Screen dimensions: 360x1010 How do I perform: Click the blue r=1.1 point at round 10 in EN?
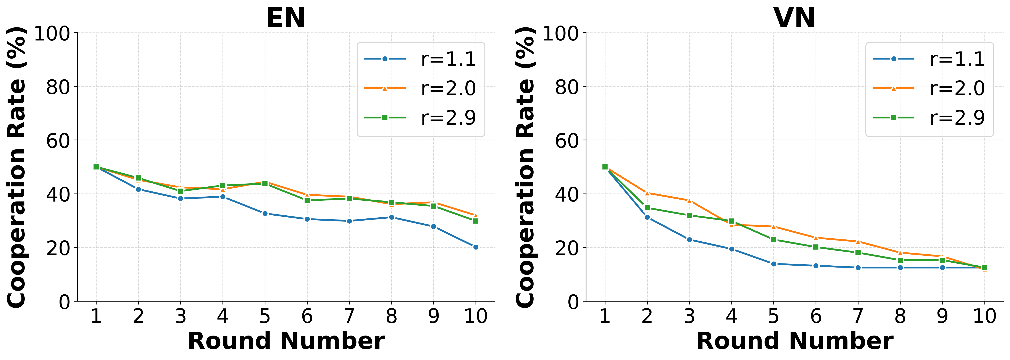(476, 247)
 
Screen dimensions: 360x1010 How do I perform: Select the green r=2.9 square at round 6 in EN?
(307, 200)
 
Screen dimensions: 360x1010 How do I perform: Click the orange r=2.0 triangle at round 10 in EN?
(476, 215)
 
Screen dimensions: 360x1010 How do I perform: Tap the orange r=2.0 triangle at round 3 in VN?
(689, 200)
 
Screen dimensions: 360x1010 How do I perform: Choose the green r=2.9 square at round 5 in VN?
(774, 240)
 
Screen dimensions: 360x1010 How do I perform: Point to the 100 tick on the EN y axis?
(52, 33)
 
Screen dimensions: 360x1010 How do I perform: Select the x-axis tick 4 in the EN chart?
(223, 316)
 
